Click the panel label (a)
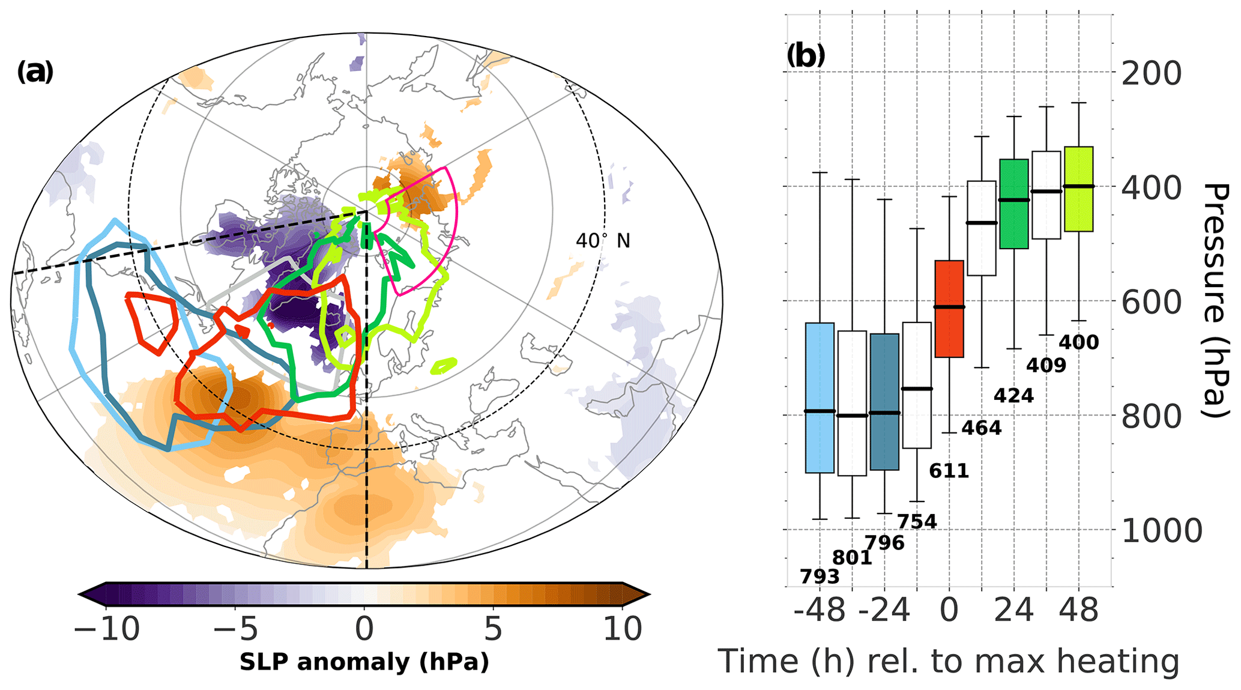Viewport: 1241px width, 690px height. coord(35,73)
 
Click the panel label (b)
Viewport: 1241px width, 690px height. coord(806,56)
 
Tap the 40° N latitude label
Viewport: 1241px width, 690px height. coord(603,241)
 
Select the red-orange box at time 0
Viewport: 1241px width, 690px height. coord(949,309)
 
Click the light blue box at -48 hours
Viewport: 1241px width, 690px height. coord(820,398)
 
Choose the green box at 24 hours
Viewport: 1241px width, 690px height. coord(1013,204)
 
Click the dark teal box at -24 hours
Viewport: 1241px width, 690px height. coord(884,402)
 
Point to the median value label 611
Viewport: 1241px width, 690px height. coord(949,471)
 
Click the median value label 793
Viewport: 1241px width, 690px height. coord(820,577)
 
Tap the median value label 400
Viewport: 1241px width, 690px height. coord(1078,342)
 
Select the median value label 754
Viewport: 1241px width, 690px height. coord(917,522)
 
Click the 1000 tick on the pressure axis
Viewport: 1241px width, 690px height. coord(1161,531)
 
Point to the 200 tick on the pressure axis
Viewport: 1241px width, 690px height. coord(1151,73)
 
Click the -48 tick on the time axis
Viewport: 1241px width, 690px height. coord(819,610)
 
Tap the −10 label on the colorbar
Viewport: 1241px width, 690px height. coord(107,629)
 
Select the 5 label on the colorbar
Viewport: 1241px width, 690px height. coord(492,629)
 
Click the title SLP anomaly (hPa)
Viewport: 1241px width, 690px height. coord(364,662)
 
